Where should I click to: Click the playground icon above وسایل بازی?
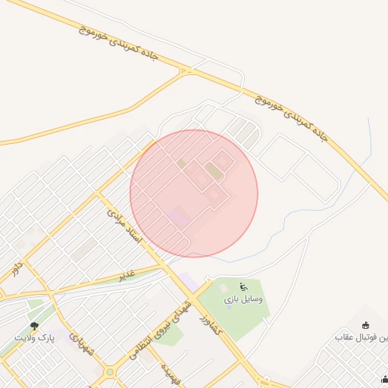point(243,286)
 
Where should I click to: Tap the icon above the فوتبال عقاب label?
point(366,324)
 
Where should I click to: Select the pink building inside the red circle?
point(180,217)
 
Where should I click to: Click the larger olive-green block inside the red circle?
point(215,171)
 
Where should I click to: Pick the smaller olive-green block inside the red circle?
point(181,163)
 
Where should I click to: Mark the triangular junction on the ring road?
point(185,72)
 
